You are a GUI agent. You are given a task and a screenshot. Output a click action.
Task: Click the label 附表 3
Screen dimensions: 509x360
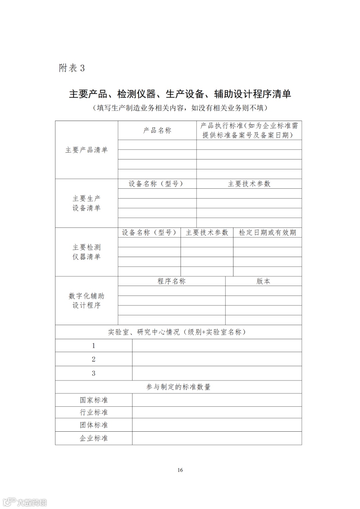pyautogui.click(x=72, y=68)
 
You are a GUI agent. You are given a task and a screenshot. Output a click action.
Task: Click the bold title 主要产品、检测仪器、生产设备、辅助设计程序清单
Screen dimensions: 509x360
pyautogui.click(x=180, y=94)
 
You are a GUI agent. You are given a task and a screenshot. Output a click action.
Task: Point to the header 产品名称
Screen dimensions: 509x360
pyautogui.click(x=157, y=130)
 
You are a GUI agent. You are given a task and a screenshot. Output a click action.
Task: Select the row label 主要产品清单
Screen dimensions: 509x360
pyautogui.click(x=86, y=150)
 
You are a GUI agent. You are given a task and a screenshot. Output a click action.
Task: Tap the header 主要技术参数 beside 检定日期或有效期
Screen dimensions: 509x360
pyautogui.click(x=207, y=233)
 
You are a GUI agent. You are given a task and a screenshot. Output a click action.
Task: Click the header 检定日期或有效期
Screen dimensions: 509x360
pyautogui.click(x=267, y=233)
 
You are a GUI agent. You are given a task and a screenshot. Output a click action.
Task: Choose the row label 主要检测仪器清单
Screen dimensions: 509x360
pyautogui.click(x=86, y=252)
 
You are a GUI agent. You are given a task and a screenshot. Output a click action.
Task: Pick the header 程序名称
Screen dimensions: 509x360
pyautogui.click(x=171, y=281)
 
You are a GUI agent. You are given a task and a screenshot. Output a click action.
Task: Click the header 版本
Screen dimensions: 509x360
pyautogui.click(x=263, y=281)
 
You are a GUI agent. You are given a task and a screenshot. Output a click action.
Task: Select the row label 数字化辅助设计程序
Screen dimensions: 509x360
pyautogui.click(x=86, y=301)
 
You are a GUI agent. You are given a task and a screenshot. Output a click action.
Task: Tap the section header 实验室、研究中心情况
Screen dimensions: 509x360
pyautogui.click(x=177, y=332)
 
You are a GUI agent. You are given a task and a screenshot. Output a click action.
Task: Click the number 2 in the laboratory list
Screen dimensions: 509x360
pyautogui.click(x=94, y=359)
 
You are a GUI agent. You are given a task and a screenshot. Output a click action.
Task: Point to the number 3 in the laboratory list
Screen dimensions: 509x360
pyautogui.click(x=94, y=373)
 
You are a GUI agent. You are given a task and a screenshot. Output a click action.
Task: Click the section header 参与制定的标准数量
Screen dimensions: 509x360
pyautogui.click(x=178, y=387)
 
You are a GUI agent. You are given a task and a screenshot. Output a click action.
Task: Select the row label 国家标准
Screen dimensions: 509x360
pyautogui.click(x=94, y=400)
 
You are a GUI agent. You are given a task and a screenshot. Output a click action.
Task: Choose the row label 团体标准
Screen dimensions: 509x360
pyautogui.click(x=94, y=425)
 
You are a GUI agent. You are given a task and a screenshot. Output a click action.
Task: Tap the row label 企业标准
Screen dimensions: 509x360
pyautogui.click(x=94, y=438)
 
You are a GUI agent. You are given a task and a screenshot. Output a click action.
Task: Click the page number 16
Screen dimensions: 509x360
pyautogui.click(x=180, y=470)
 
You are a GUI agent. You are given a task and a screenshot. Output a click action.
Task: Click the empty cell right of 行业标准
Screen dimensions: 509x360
pyautogui.click(x=217, y=413)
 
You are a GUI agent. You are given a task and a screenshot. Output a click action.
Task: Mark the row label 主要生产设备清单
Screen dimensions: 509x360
pyautogui.click(x=86, y=203)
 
